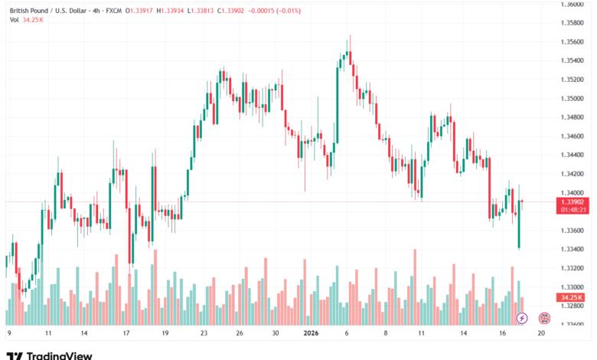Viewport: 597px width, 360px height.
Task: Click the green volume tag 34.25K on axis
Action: click(572, 297)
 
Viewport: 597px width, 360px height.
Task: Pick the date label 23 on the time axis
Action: click(204, 334)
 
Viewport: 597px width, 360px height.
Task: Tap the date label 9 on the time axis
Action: click(8, 334)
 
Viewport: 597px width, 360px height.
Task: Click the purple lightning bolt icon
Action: click(522, 317)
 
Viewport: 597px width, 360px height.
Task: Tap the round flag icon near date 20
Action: click(544, 317)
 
